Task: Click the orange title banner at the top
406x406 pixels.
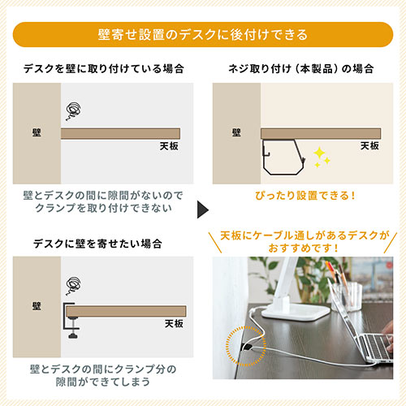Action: click(x=202, y=34)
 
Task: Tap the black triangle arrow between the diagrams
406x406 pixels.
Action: click(x=202, y=214)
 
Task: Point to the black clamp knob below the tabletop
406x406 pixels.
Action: click(x=75, y=332)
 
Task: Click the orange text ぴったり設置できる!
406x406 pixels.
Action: click(x=304, y=196)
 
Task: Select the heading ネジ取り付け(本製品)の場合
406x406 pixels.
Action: click(x=304, y=68)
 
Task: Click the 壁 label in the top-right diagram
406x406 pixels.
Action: click(x=236, y=133)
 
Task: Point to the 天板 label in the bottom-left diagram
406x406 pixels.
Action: click(x=174, y=322)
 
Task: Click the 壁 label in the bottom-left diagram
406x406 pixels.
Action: click(x=37, y=309)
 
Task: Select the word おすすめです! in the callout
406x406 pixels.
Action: click(x=304, y=248)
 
